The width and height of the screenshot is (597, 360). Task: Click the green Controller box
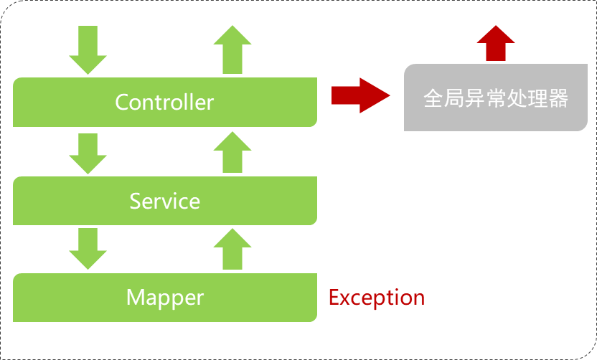[x=165, y=102]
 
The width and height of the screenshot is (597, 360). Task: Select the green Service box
[x=165, y=201]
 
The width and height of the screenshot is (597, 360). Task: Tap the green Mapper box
[x=165, y=297]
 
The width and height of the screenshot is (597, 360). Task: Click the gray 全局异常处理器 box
[x=495, y=98]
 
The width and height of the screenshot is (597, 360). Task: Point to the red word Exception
[x=377, y=298]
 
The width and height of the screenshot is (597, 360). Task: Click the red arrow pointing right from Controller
[x=359, y=95]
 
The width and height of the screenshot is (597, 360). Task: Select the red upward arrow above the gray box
[x=496, y=44]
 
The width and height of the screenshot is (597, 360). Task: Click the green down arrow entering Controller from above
[x=88, y=50]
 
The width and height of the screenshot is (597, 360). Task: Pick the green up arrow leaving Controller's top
[x=232, y=49]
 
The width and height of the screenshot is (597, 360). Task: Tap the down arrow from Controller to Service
[x=88, y=153]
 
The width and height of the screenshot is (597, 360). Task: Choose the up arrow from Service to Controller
[x=232, y=152]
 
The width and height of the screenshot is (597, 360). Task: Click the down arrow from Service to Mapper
[x=88, y=249]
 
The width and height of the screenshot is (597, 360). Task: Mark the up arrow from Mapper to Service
[x=232, y=248]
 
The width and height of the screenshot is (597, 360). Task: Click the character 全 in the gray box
[x=433, y=98]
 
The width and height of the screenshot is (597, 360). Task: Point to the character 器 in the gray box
[x=558, y=98]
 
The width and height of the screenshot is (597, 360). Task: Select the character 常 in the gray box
[x=496, y=98]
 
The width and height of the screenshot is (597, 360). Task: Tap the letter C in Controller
[x=123, y=102]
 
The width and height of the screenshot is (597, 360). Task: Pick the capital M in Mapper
[x=136, y=297]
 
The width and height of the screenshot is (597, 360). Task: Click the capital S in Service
[x=136, y=201]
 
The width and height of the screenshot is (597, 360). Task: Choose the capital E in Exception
[x=334, y=298]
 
